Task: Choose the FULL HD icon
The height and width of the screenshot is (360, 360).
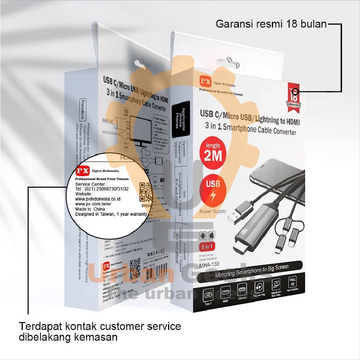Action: tap(291, 282)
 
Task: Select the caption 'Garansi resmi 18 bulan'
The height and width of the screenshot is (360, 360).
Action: tap(271, 25)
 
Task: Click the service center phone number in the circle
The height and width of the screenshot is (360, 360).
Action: tap(102, 188)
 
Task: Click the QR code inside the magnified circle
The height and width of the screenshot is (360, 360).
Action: tap(145, 190)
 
